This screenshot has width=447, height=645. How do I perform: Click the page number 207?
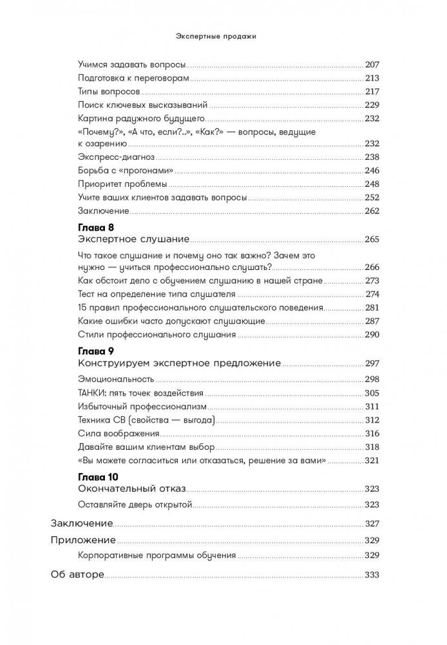373,64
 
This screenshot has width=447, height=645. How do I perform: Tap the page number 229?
373,104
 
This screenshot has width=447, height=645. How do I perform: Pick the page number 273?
373,281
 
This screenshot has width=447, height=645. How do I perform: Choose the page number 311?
373,406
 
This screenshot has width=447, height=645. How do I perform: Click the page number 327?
373,523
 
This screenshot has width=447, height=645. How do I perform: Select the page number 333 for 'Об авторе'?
373,575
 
